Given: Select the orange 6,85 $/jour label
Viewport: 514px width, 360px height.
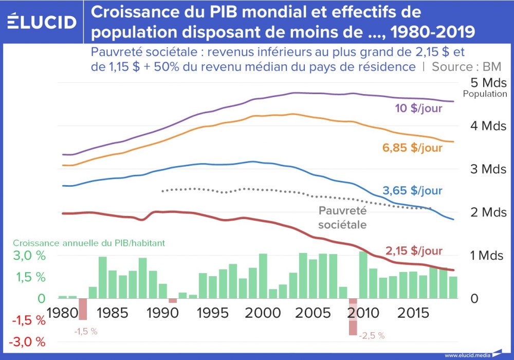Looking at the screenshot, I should (412, 148).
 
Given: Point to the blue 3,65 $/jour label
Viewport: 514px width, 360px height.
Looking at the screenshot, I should (412, 190).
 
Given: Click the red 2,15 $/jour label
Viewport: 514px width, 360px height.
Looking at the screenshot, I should (414, 251).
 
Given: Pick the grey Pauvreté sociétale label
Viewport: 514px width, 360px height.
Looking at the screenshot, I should (342, 218).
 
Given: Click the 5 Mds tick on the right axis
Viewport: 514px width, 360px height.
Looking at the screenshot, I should (489, 83).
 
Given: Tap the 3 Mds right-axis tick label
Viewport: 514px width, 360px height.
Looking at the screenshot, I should (489, 169).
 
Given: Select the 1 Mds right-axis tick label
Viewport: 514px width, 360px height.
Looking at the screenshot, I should (489, 256).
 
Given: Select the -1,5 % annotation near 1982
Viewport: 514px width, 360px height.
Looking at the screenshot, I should (86, 332).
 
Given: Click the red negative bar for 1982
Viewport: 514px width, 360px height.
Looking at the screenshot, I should (82, 309).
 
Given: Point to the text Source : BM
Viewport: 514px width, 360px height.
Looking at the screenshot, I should (467, 66).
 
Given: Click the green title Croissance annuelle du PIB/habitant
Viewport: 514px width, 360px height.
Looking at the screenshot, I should (89, 243).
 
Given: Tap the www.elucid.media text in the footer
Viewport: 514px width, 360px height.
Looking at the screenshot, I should (467, 355).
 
